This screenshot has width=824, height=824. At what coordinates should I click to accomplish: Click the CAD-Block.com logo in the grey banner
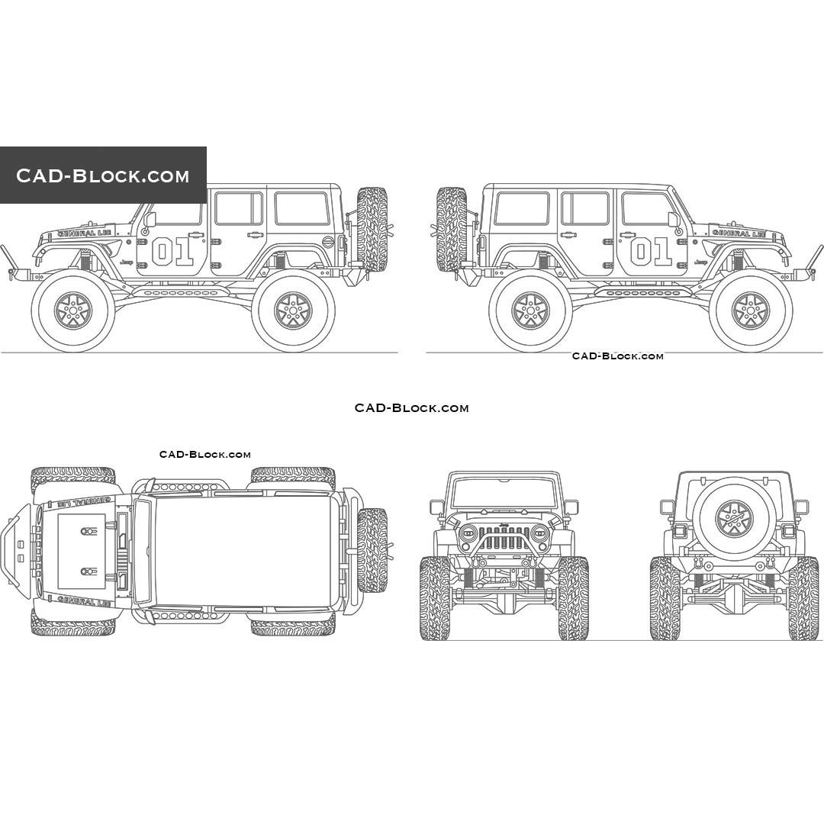point(103,176)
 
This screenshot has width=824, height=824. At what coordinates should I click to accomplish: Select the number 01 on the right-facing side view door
point(651,251)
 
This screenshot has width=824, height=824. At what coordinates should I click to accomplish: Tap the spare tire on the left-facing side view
point(372,229)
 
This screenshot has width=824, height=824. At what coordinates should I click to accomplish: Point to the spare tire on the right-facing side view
point(452,229)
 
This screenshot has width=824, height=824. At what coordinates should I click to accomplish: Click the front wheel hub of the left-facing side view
point(73,311)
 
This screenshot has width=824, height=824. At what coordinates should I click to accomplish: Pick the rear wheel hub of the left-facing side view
point(293,311)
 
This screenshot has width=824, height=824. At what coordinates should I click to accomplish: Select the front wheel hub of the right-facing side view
point(751,311)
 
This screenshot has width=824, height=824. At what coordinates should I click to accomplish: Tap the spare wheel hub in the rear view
point(734,518)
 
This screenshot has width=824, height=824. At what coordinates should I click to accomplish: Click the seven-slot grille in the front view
point(504,537)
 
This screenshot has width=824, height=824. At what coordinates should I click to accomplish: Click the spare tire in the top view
point(372,550)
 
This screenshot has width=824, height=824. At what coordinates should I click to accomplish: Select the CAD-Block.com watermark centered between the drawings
point(411,408)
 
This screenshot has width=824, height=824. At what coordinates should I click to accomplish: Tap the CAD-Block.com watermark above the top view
point(204,455)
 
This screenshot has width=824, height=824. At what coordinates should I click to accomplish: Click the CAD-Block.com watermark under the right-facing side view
point(617,356)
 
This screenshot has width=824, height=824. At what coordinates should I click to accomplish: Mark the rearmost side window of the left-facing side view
point(301,208)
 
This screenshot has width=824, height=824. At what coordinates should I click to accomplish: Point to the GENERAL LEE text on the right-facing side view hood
point(738,232)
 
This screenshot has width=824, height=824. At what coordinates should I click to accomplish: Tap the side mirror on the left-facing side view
point(150,220)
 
